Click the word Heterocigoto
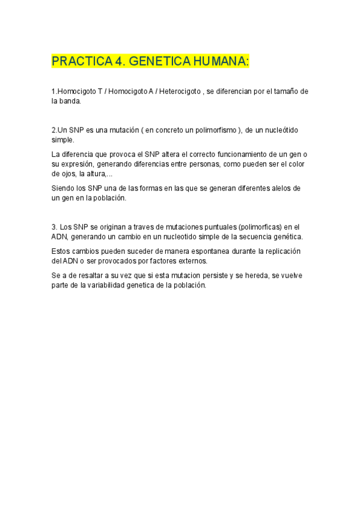178,91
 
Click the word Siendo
63,188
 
